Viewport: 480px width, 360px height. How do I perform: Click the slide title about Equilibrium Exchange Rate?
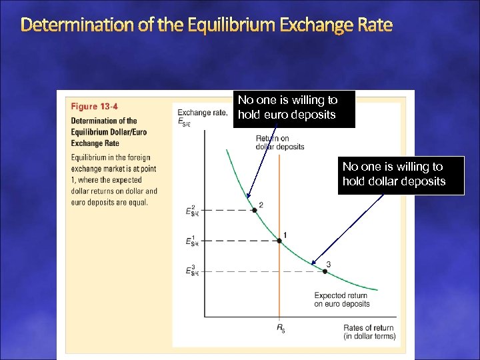coord(207,26)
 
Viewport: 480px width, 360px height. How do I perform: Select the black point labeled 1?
coord(279,240)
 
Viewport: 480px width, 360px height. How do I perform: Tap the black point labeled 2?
coord(254,210)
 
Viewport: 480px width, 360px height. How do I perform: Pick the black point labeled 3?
coord(326,271)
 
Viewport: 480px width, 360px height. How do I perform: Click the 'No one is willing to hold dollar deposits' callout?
coord(400,174)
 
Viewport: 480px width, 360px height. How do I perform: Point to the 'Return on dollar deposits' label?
coord(280,142)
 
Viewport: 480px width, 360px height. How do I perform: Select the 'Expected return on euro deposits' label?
coord(341,299)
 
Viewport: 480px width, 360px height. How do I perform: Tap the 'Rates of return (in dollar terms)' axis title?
coord(369,331)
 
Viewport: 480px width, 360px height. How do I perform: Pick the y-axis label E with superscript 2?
coord(192,211)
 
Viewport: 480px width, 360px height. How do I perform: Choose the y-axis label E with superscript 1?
coord(192,241)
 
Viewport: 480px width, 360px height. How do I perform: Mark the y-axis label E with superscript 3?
coord(192,271)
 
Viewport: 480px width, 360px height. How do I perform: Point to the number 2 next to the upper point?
coord(261,204)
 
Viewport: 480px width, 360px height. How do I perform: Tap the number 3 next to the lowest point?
coord(329,264)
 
